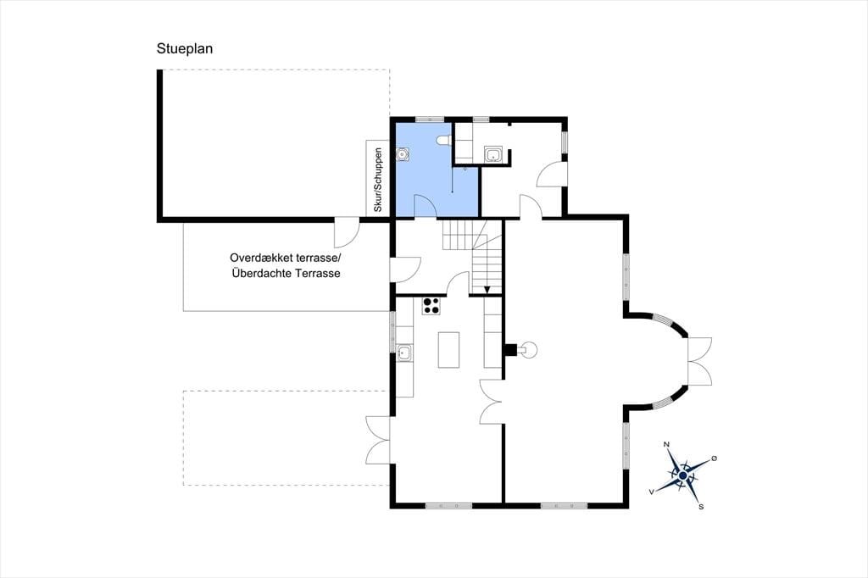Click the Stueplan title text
[184, 48]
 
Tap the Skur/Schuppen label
[378, 180]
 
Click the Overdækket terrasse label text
[287, 258]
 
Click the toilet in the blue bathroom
[442, 141]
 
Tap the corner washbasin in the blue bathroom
[403, 154]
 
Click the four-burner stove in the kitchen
[431, 306]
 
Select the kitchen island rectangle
[448, 350]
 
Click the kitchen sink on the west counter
[404, 353]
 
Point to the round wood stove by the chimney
[530, 349]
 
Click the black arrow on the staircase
[487, 290]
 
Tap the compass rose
[682, 475]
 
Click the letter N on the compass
[666, 445]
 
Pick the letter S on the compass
[701, 507]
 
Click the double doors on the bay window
[699, 361]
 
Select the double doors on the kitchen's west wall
[377, 440]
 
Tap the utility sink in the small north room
[492, 154]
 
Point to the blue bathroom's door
[426, 206]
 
